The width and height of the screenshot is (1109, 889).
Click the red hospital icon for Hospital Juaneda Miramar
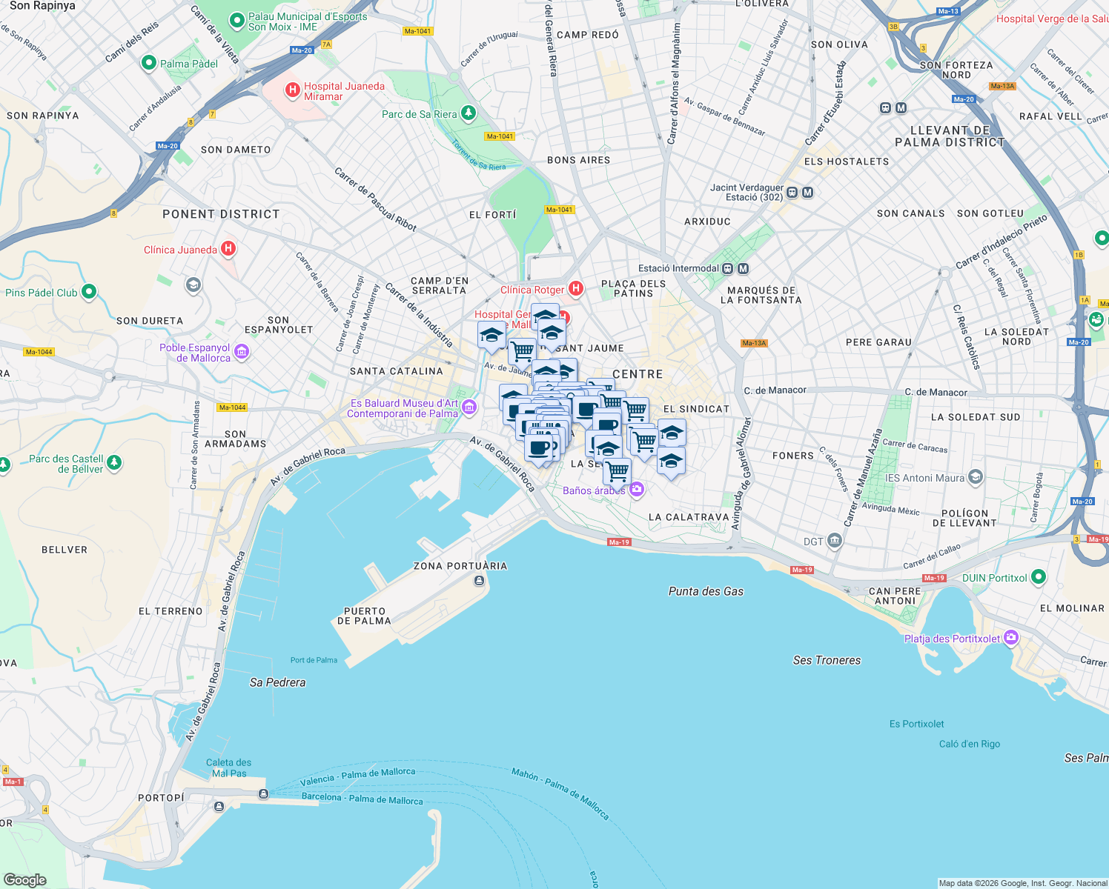(x=293, y=90)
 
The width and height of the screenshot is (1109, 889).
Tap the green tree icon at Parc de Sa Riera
(x=468, y=113)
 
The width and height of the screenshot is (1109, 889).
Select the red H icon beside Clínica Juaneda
(x=228, y=249)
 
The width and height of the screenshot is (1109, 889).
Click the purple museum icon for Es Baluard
(x=469, y=407)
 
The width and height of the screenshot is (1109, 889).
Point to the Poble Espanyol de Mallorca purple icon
(x=242, y=352)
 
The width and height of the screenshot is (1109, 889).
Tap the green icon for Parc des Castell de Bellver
(x=113, y=463)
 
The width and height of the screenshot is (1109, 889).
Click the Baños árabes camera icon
(x=636, y=489)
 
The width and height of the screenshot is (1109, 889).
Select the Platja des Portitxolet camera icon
(x=1011, y=638)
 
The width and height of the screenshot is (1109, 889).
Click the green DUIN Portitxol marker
(x=1038, y=577)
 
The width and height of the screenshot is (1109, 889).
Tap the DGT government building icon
(x=835, y=541)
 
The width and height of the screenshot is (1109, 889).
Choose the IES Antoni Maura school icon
(x=976, y=477)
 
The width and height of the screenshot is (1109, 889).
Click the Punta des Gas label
(x=706, y=591)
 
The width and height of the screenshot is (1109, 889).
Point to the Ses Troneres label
(x=827, y=660)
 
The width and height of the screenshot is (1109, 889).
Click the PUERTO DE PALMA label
(x=364, y=616)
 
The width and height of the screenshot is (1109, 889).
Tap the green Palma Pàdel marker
(x=148, y=63)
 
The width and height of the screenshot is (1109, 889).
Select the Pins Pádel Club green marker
(x=89, y=292)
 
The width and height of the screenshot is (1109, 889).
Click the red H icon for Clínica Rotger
(x=575, y=289)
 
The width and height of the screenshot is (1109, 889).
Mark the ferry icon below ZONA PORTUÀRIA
(x=479, y=580)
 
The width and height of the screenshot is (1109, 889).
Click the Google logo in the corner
(x=24, y=879)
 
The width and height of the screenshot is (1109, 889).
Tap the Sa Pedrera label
(x=277, y=682)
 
